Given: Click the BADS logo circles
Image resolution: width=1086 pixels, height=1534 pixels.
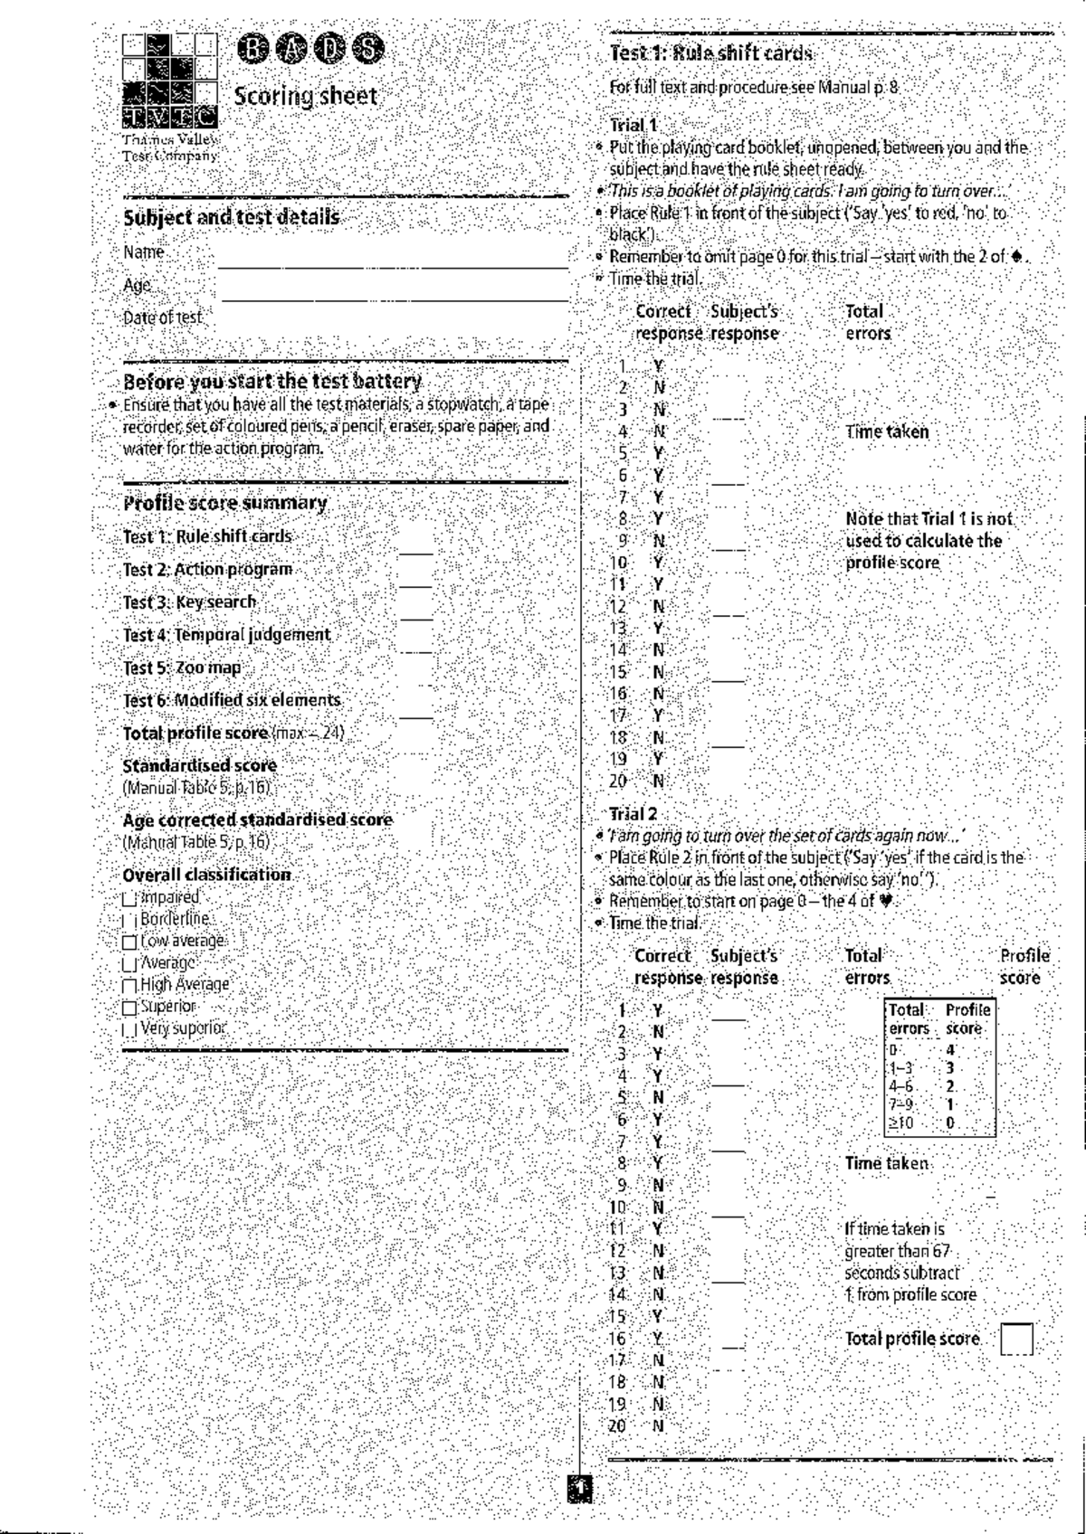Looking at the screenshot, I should tap(309, 50).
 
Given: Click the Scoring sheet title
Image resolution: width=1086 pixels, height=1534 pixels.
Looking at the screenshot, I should tap(305, 96).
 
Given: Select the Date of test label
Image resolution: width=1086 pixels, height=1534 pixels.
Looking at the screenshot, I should tap(164, 317).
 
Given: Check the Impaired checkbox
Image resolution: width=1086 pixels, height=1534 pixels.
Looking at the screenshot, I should tap(129, 899).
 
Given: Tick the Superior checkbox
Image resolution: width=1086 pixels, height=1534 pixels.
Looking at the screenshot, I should tap(129, 1007).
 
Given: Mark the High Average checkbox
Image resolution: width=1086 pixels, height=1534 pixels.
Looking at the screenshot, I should tap(129, 986).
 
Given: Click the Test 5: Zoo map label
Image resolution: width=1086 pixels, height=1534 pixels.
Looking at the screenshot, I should tap(183, 668).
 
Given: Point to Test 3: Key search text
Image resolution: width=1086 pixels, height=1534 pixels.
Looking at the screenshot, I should tap(190, 601).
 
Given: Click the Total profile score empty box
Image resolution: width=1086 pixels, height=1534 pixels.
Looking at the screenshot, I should tap(1016, 1339).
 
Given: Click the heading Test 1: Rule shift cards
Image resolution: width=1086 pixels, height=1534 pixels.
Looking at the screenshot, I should tap(711, 52).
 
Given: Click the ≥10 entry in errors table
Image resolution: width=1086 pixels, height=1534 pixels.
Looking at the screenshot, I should tap(901, 1123).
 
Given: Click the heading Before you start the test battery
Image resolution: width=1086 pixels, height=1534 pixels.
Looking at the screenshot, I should tap(272, 381).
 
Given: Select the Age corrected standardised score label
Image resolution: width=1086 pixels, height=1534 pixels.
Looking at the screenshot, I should tap(258, 819).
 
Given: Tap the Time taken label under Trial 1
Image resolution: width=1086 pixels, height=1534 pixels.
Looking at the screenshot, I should tap(887, 431).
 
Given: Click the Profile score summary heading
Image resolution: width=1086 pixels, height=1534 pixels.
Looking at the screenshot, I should tap(224, 503).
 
